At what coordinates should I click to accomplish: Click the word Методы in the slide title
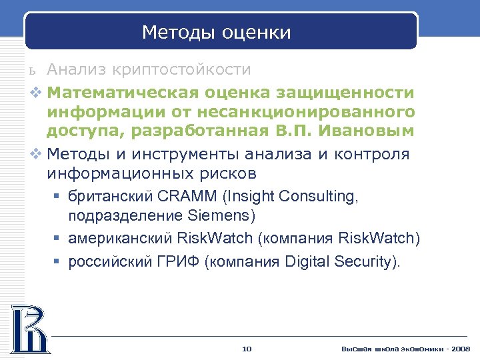click(x=171, y=33)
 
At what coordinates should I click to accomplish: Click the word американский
click(x=123, y=239)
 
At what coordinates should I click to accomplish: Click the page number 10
click(x=247, y=349)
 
